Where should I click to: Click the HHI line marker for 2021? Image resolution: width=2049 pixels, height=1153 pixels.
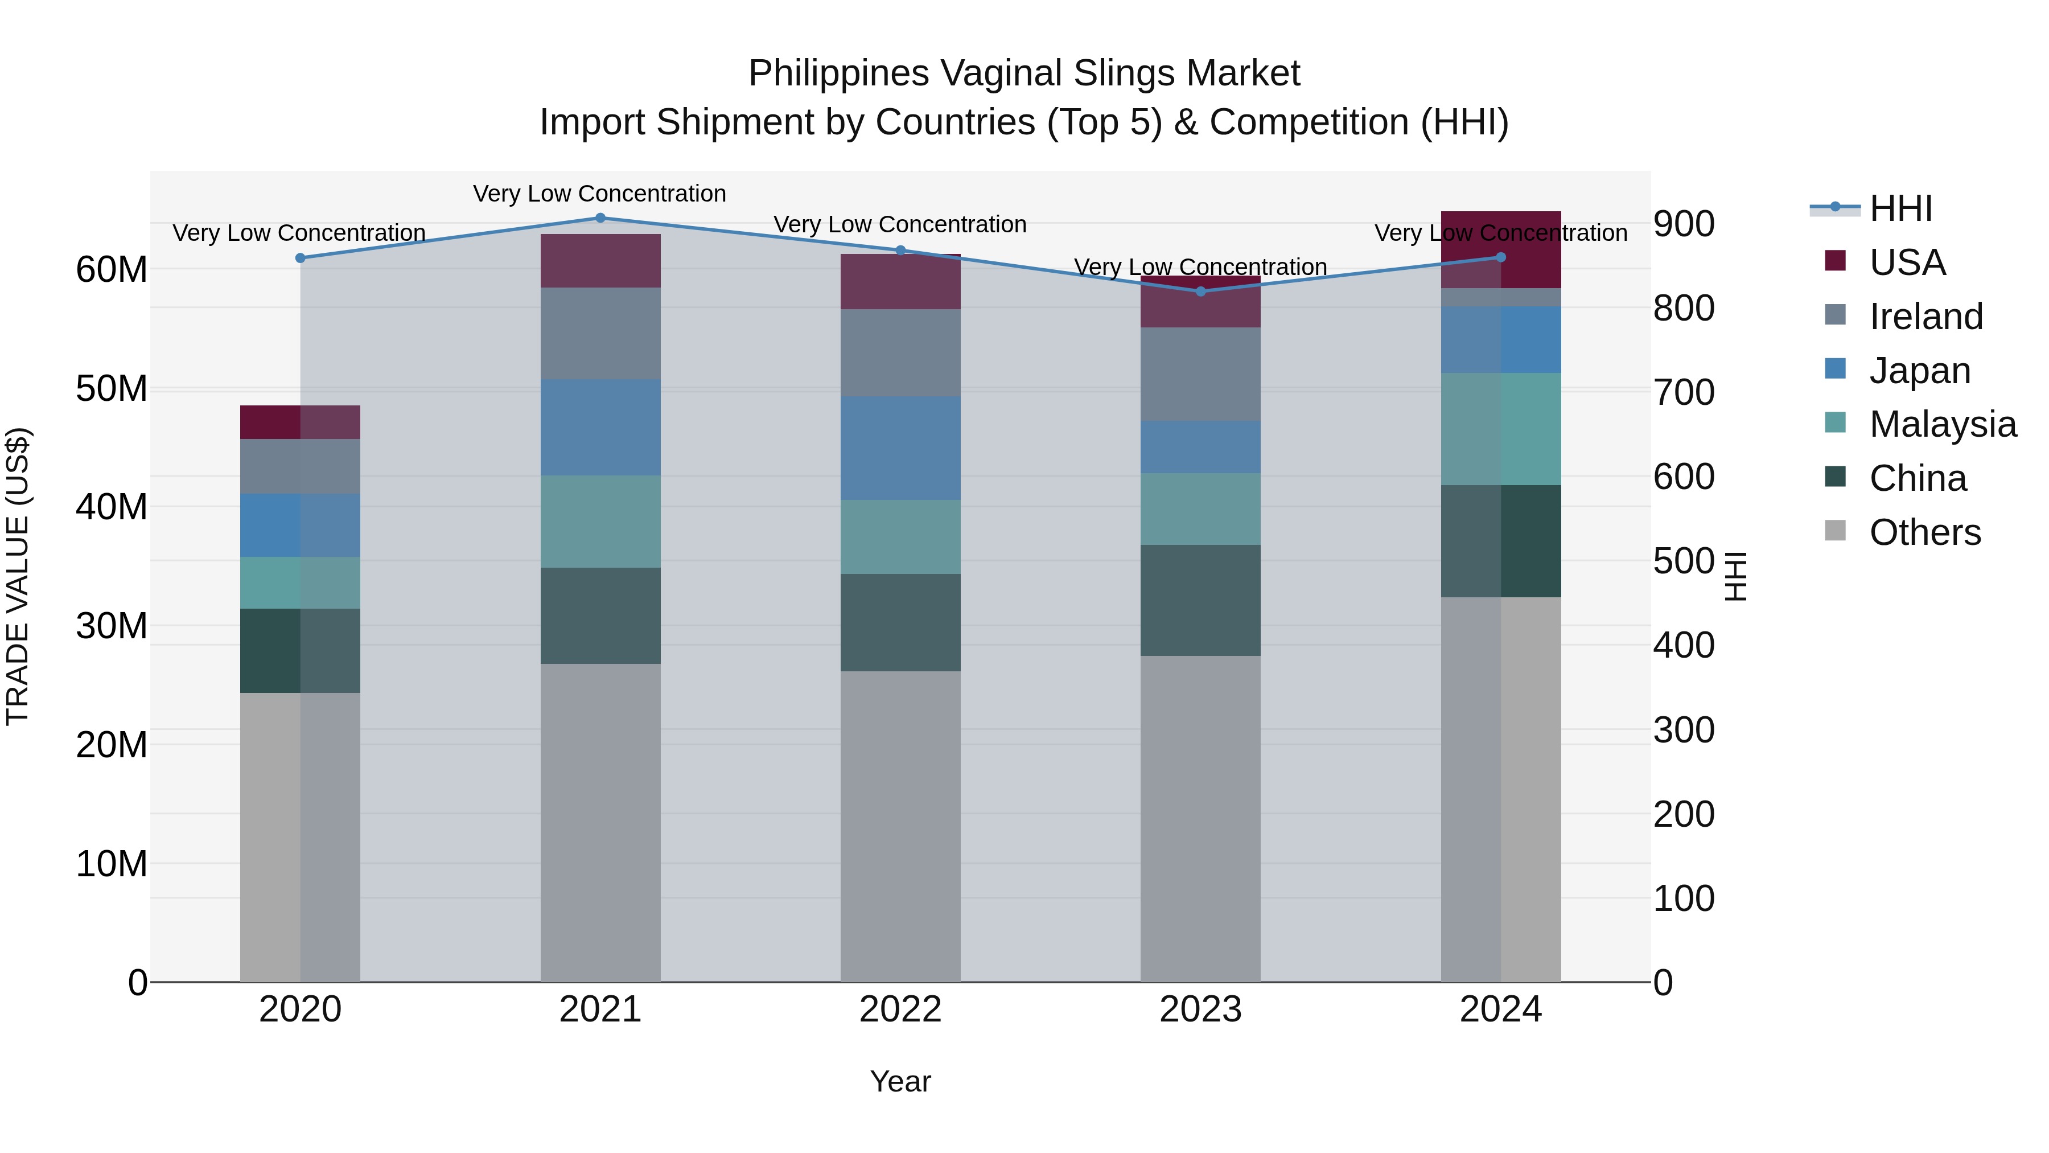click(x=600, y=218)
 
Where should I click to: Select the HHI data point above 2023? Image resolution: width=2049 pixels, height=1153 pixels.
click(x=1201, y=291)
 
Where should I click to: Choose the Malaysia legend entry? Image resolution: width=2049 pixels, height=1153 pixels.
click(x=1941, y=424)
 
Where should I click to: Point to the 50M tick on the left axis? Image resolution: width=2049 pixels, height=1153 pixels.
click(x=112, y=388)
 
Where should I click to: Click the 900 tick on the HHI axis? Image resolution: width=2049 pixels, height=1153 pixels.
click(x=1684, y=224)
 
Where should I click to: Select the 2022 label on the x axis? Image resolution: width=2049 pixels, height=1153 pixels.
click(x=900, y=1009)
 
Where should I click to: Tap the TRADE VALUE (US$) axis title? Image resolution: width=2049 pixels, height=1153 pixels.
click(x=18, y=576)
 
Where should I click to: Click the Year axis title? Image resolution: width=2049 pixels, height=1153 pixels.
click(x=900, y=1081)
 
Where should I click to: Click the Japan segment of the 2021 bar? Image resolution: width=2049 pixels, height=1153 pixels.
click(x=600, y=427)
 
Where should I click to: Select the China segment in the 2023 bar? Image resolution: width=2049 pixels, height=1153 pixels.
click(x=1201, y=600)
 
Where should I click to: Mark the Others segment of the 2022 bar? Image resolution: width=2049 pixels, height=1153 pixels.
click(x=900, y=826)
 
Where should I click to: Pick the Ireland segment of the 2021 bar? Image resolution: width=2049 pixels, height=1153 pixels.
click(x=600, y=334)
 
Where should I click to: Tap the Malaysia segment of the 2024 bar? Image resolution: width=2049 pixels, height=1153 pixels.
click(x=1501, y=429)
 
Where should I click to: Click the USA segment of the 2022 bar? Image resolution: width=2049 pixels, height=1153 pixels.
click(x=900, y=282)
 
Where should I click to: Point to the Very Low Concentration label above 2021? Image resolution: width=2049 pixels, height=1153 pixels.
click(x=600, y=194)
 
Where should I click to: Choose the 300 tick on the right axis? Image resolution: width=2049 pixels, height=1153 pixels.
click(x=1684, y=730)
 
